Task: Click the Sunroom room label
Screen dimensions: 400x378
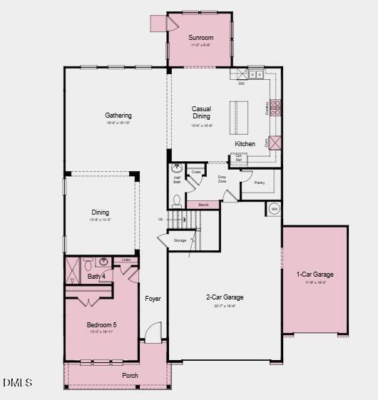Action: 200,38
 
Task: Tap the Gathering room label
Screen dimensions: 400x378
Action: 118,116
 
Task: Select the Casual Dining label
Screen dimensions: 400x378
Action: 201,113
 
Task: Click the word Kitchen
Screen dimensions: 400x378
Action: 245,144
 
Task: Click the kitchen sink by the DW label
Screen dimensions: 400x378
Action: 256,74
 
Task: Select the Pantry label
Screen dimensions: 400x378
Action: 259,183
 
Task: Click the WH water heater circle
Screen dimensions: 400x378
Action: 274,209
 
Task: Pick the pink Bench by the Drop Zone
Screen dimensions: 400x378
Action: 203,205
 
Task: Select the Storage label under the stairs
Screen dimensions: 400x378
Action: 180,240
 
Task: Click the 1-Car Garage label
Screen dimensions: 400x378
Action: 315,275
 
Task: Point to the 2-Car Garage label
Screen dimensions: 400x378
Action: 225,297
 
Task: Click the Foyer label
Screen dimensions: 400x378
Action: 153,299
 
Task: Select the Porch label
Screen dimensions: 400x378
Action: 130,376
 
